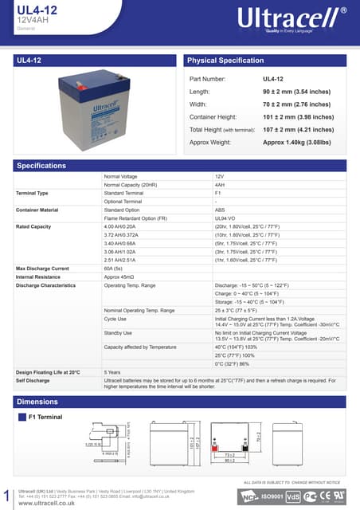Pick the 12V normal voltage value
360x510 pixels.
[x=220, y=176]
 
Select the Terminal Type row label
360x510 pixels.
[x=32, y=193]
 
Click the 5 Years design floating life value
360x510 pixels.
[x=112, y=372]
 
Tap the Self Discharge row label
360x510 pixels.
[x=33, y=380]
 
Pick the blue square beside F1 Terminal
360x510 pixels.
[x=22, y=417]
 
